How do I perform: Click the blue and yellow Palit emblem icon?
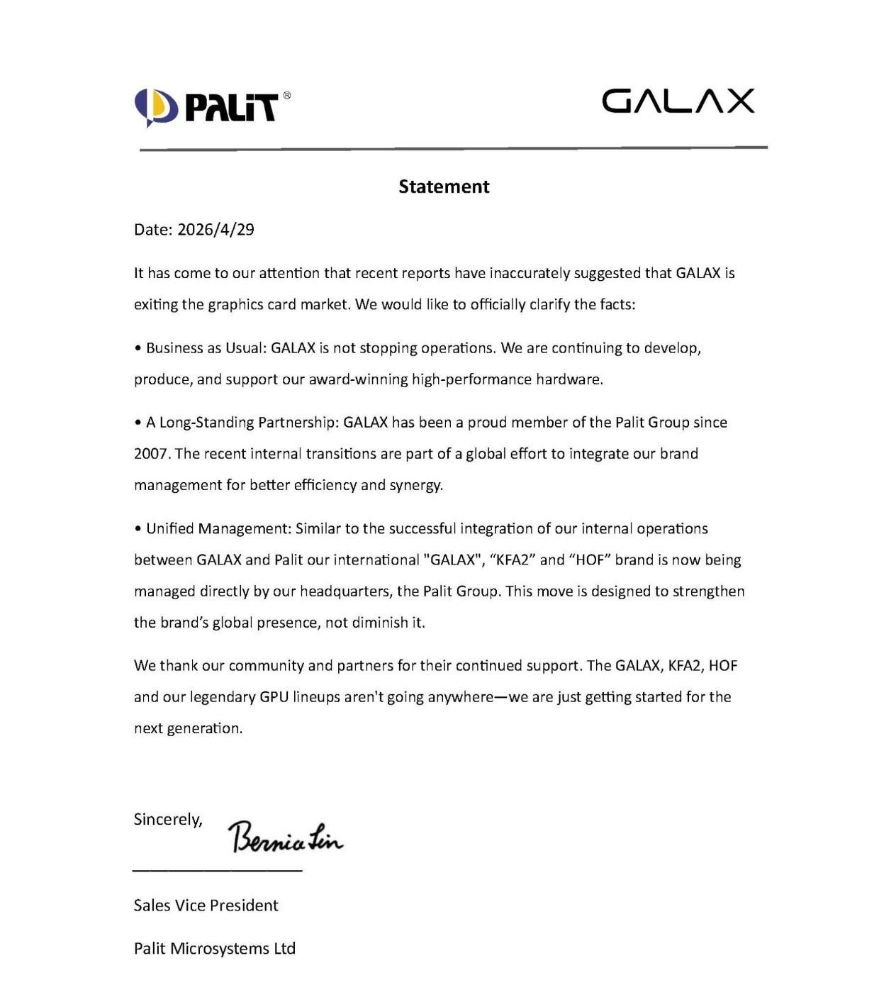(x=156, y=107)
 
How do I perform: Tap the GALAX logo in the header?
(x=678, y=101)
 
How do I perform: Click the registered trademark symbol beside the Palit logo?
(x=286, y=95)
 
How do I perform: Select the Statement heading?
(x=444, y=187)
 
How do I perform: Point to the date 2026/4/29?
(x=215, y=230)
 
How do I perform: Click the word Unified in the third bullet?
(x=170, y=529)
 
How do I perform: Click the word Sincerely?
(x=168, y=820)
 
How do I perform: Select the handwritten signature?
(x=285, y=837)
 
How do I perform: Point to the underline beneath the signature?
(x=217, y=869)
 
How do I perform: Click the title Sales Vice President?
(x=206, y=906)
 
